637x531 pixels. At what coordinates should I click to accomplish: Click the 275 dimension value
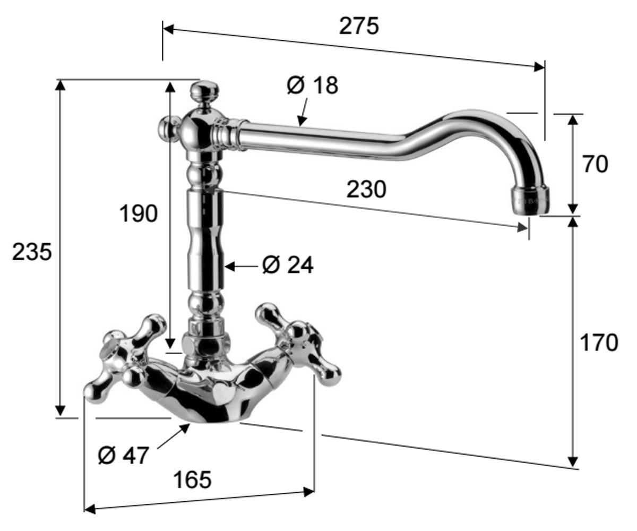point(359,25)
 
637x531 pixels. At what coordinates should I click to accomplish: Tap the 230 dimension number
point(366,189)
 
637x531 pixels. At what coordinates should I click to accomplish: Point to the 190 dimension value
point(139,213)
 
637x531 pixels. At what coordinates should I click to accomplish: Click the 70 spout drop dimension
point(595,164)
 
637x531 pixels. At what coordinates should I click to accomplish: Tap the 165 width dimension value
point(192,479)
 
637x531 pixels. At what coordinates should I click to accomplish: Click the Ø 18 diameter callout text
point(313,85)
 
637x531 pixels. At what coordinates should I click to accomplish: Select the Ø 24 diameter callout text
point(288,264)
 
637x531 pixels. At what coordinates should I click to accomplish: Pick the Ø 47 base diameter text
point(123,455)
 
